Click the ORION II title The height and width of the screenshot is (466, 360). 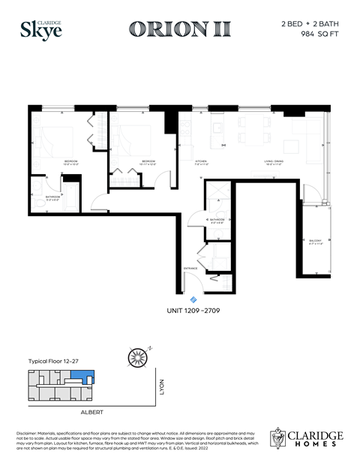[x=179, y=29]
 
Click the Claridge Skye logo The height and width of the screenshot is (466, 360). [x=41, y=29]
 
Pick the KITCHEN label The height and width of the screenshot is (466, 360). [x=202, y=161]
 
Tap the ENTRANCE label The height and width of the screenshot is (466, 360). [x=190, y=268]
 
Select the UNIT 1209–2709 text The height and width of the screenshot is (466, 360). [x=193, y=310]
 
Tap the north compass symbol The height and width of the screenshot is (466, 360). [x=136, y=356]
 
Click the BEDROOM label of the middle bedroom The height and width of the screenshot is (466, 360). [x=148, y=161]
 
